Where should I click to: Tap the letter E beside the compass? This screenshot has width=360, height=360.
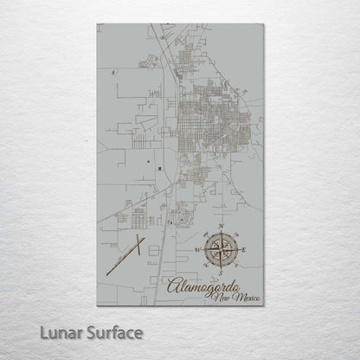[x=245, y=250]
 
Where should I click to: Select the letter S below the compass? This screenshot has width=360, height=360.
[x=222, y=273]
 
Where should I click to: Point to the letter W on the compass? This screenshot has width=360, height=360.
[x=197, y=250]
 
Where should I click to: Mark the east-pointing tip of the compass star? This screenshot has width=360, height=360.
[x=239, y=250]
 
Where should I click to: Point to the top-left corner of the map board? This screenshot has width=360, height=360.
[x=97, y=24]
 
